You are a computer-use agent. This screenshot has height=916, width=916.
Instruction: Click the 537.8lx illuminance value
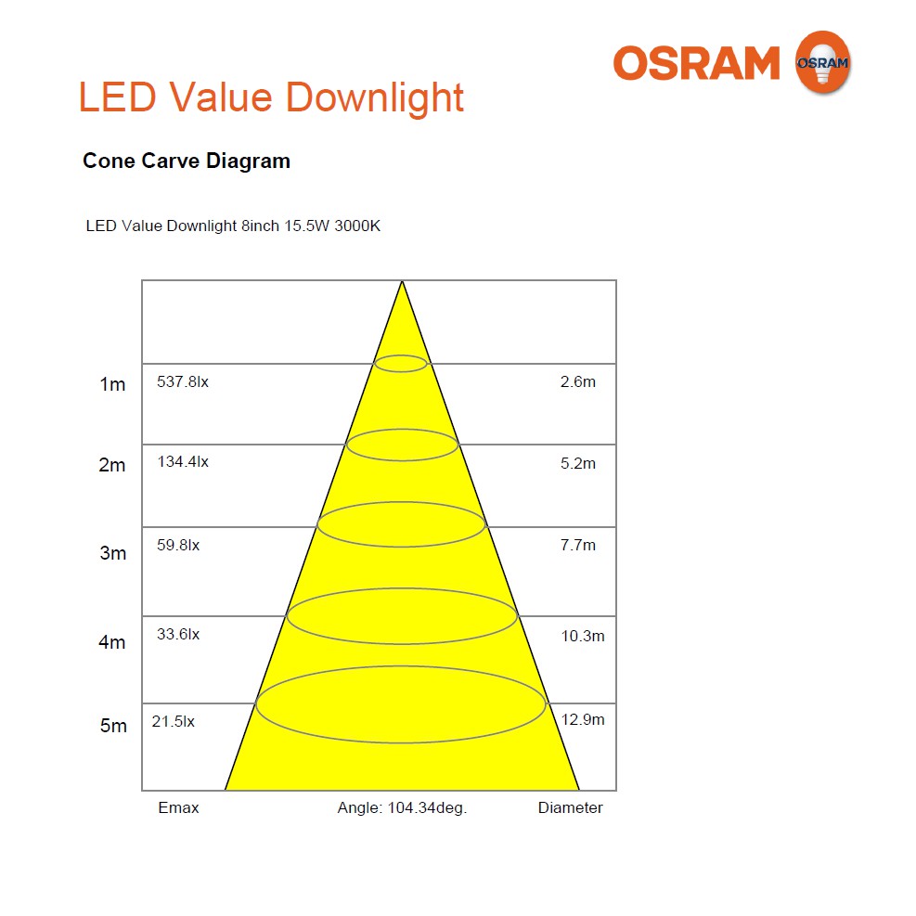(183, 381)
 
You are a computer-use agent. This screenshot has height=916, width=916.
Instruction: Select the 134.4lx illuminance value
(183, 462)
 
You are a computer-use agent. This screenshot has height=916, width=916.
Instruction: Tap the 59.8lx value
(178, 546)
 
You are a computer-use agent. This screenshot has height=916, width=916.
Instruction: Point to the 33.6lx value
(178, 635)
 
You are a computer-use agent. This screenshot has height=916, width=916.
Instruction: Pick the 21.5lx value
(174, 721)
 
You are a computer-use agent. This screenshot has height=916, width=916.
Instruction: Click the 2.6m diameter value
(578, 381)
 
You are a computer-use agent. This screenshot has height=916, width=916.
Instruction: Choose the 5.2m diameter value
(578, 463)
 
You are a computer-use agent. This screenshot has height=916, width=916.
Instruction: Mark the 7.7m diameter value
(578, 546)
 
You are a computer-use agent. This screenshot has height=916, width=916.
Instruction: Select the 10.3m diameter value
(582, 636)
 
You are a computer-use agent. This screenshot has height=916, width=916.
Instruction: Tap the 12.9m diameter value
(583, 720)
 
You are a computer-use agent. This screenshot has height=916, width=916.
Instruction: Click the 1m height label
(112, 384)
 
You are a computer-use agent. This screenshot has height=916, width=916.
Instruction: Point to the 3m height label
(112, 553)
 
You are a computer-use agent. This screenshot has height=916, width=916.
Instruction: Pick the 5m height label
(113, 726)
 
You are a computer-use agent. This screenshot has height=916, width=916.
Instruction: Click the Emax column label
(178, 807)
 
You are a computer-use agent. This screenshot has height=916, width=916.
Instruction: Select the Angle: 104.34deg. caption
(402, 807)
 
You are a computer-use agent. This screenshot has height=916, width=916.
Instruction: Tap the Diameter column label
(570, 807)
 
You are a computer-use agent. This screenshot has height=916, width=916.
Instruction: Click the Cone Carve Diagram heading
(187, 161)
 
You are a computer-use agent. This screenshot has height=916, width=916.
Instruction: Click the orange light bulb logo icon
(822, 62)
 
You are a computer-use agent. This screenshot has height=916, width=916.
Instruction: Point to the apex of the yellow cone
(402, 282)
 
